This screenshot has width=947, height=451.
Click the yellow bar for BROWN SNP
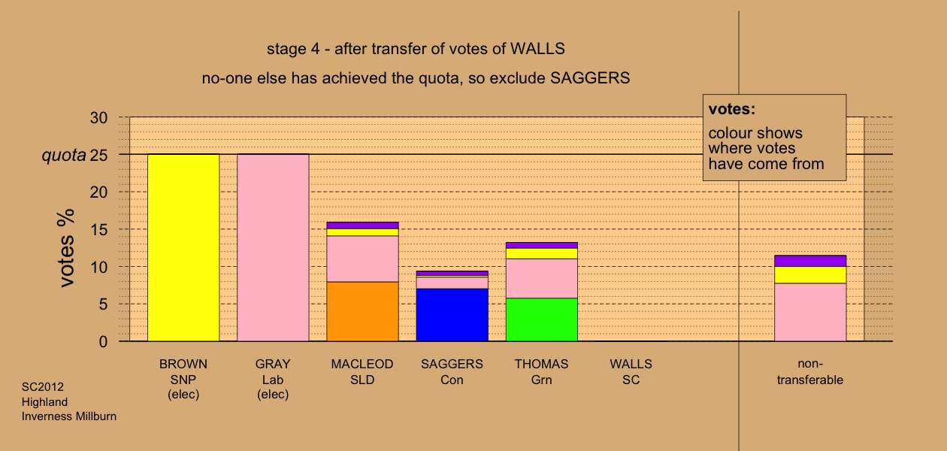tap(183, 248)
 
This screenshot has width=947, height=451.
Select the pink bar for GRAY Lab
tap(273, 248)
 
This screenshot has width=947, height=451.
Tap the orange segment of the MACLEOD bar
tap(363, 311)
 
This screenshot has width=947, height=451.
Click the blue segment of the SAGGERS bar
tap(452, 315)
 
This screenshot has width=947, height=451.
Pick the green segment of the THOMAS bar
tap(542, 319)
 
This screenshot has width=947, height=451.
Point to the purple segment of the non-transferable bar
tap(810, 261)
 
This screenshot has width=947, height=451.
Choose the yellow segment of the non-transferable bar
tap(810, 275)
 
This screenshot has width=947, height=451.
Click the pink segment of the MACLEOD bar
tap(363, 259)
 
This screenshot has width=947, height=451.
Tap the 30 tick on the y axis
tap(99, 117)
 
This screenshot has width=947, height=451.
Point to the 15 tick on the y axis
tap(99, 229)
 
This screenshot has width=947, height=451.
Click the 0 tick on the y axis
tap(103, 341)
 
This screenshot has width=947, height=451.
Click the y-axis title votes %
tap(66, 248)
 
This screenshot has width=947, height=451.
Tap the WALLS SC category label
tap(631, 372)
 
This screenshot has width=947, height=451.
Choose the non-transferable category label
tap(810, 372)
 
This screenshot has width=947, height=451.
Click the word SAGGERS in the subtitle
tap(590, 78)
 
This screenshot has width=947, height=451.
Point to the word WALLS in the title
tap(537, 49)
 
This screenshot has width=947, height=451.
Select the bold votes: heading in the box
tap(732, 109)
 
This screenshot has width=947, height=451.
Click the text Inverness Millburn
tap(69, 416)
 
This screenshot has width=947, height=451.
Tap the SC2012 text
tap(43, 387)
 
